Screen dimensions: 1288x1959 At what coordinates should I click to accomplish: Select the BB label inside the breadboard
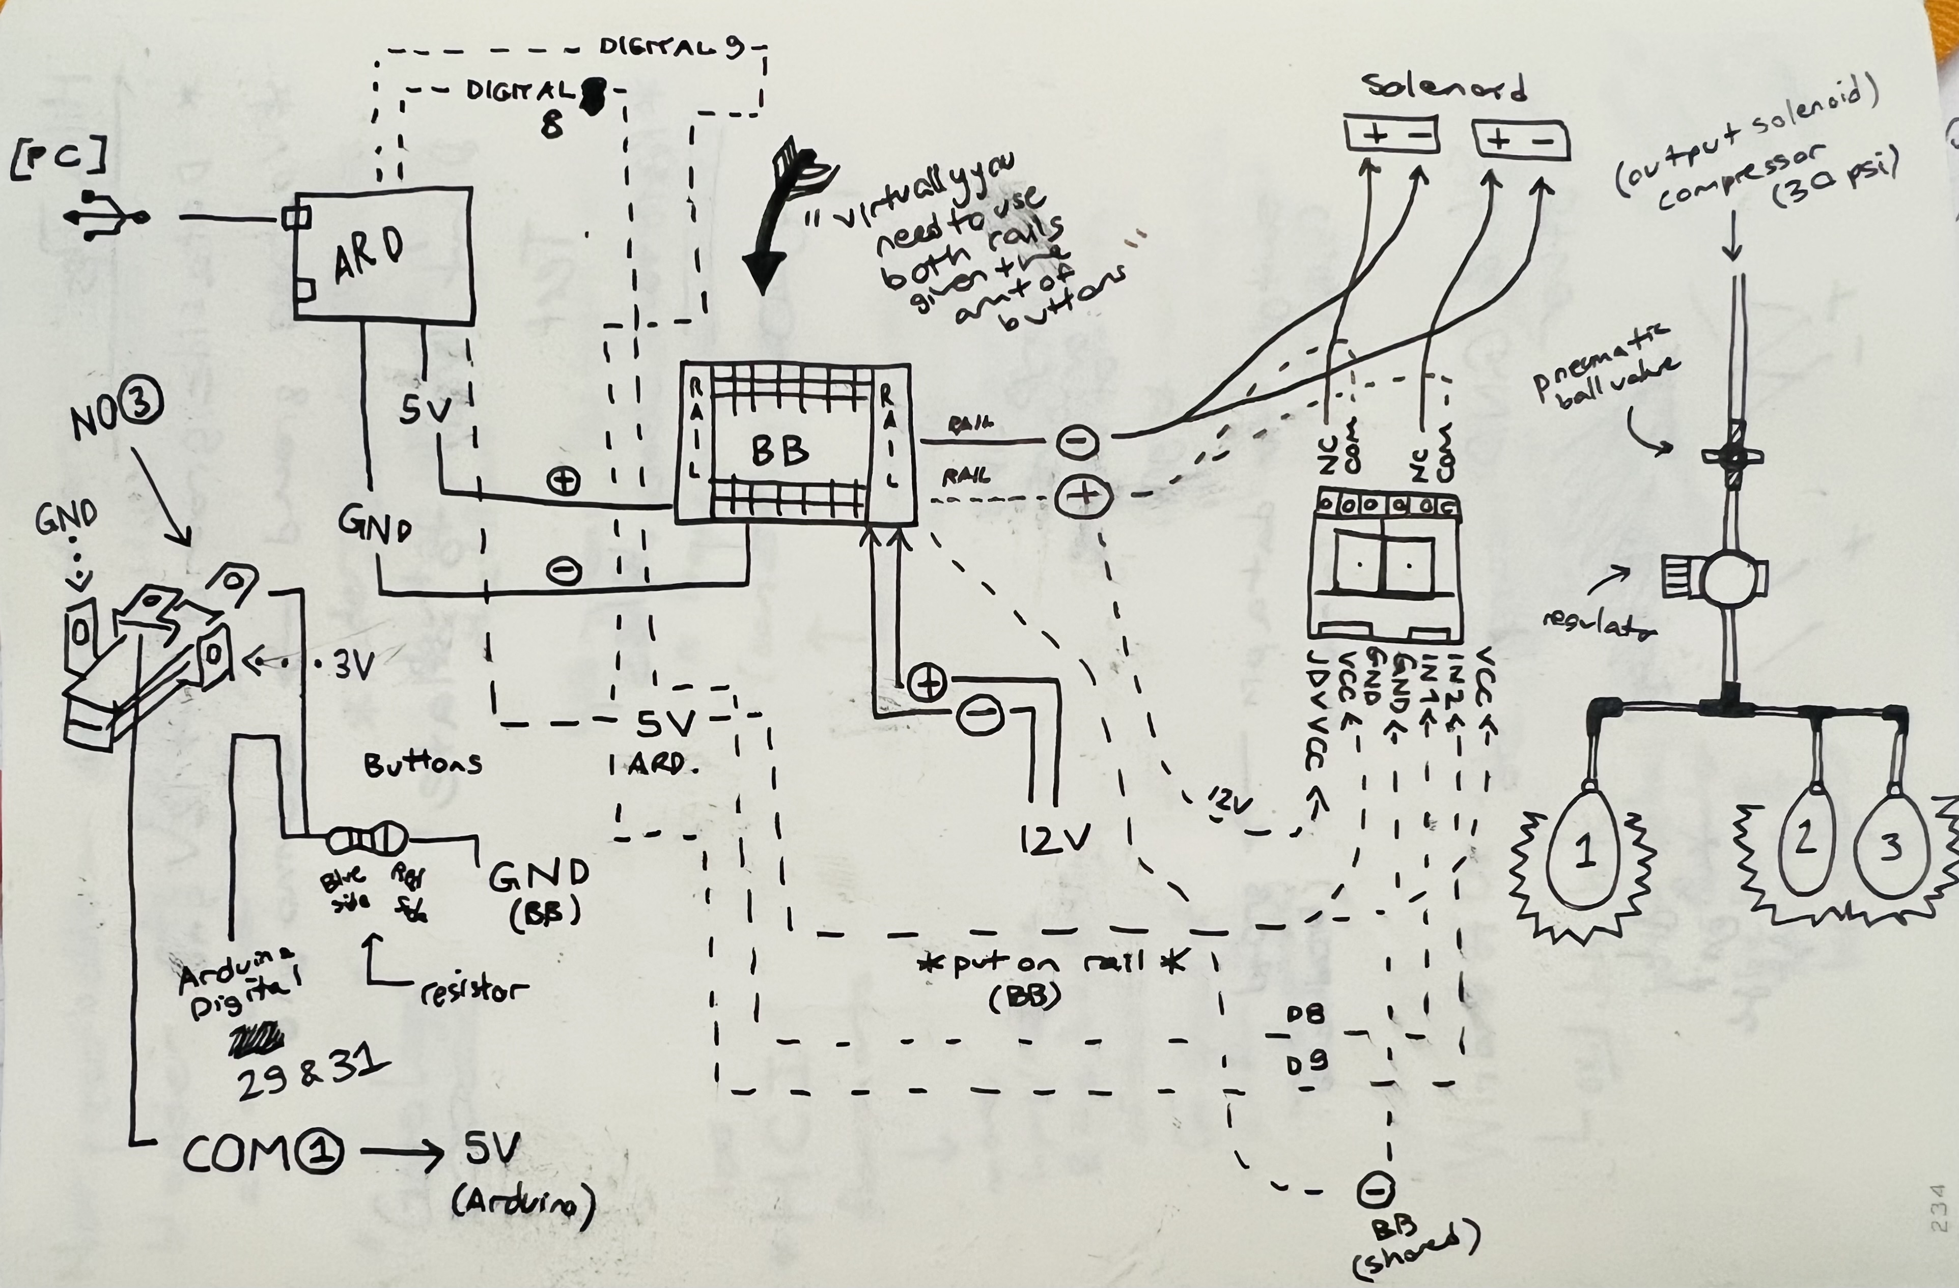[x=778, y=451]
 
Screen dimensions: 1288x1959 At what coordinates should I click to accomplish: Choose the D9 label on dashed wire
[x=1306, y=1065]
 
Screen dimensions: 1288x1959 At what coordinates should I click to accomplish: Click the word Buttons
[x=422, y=764]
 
